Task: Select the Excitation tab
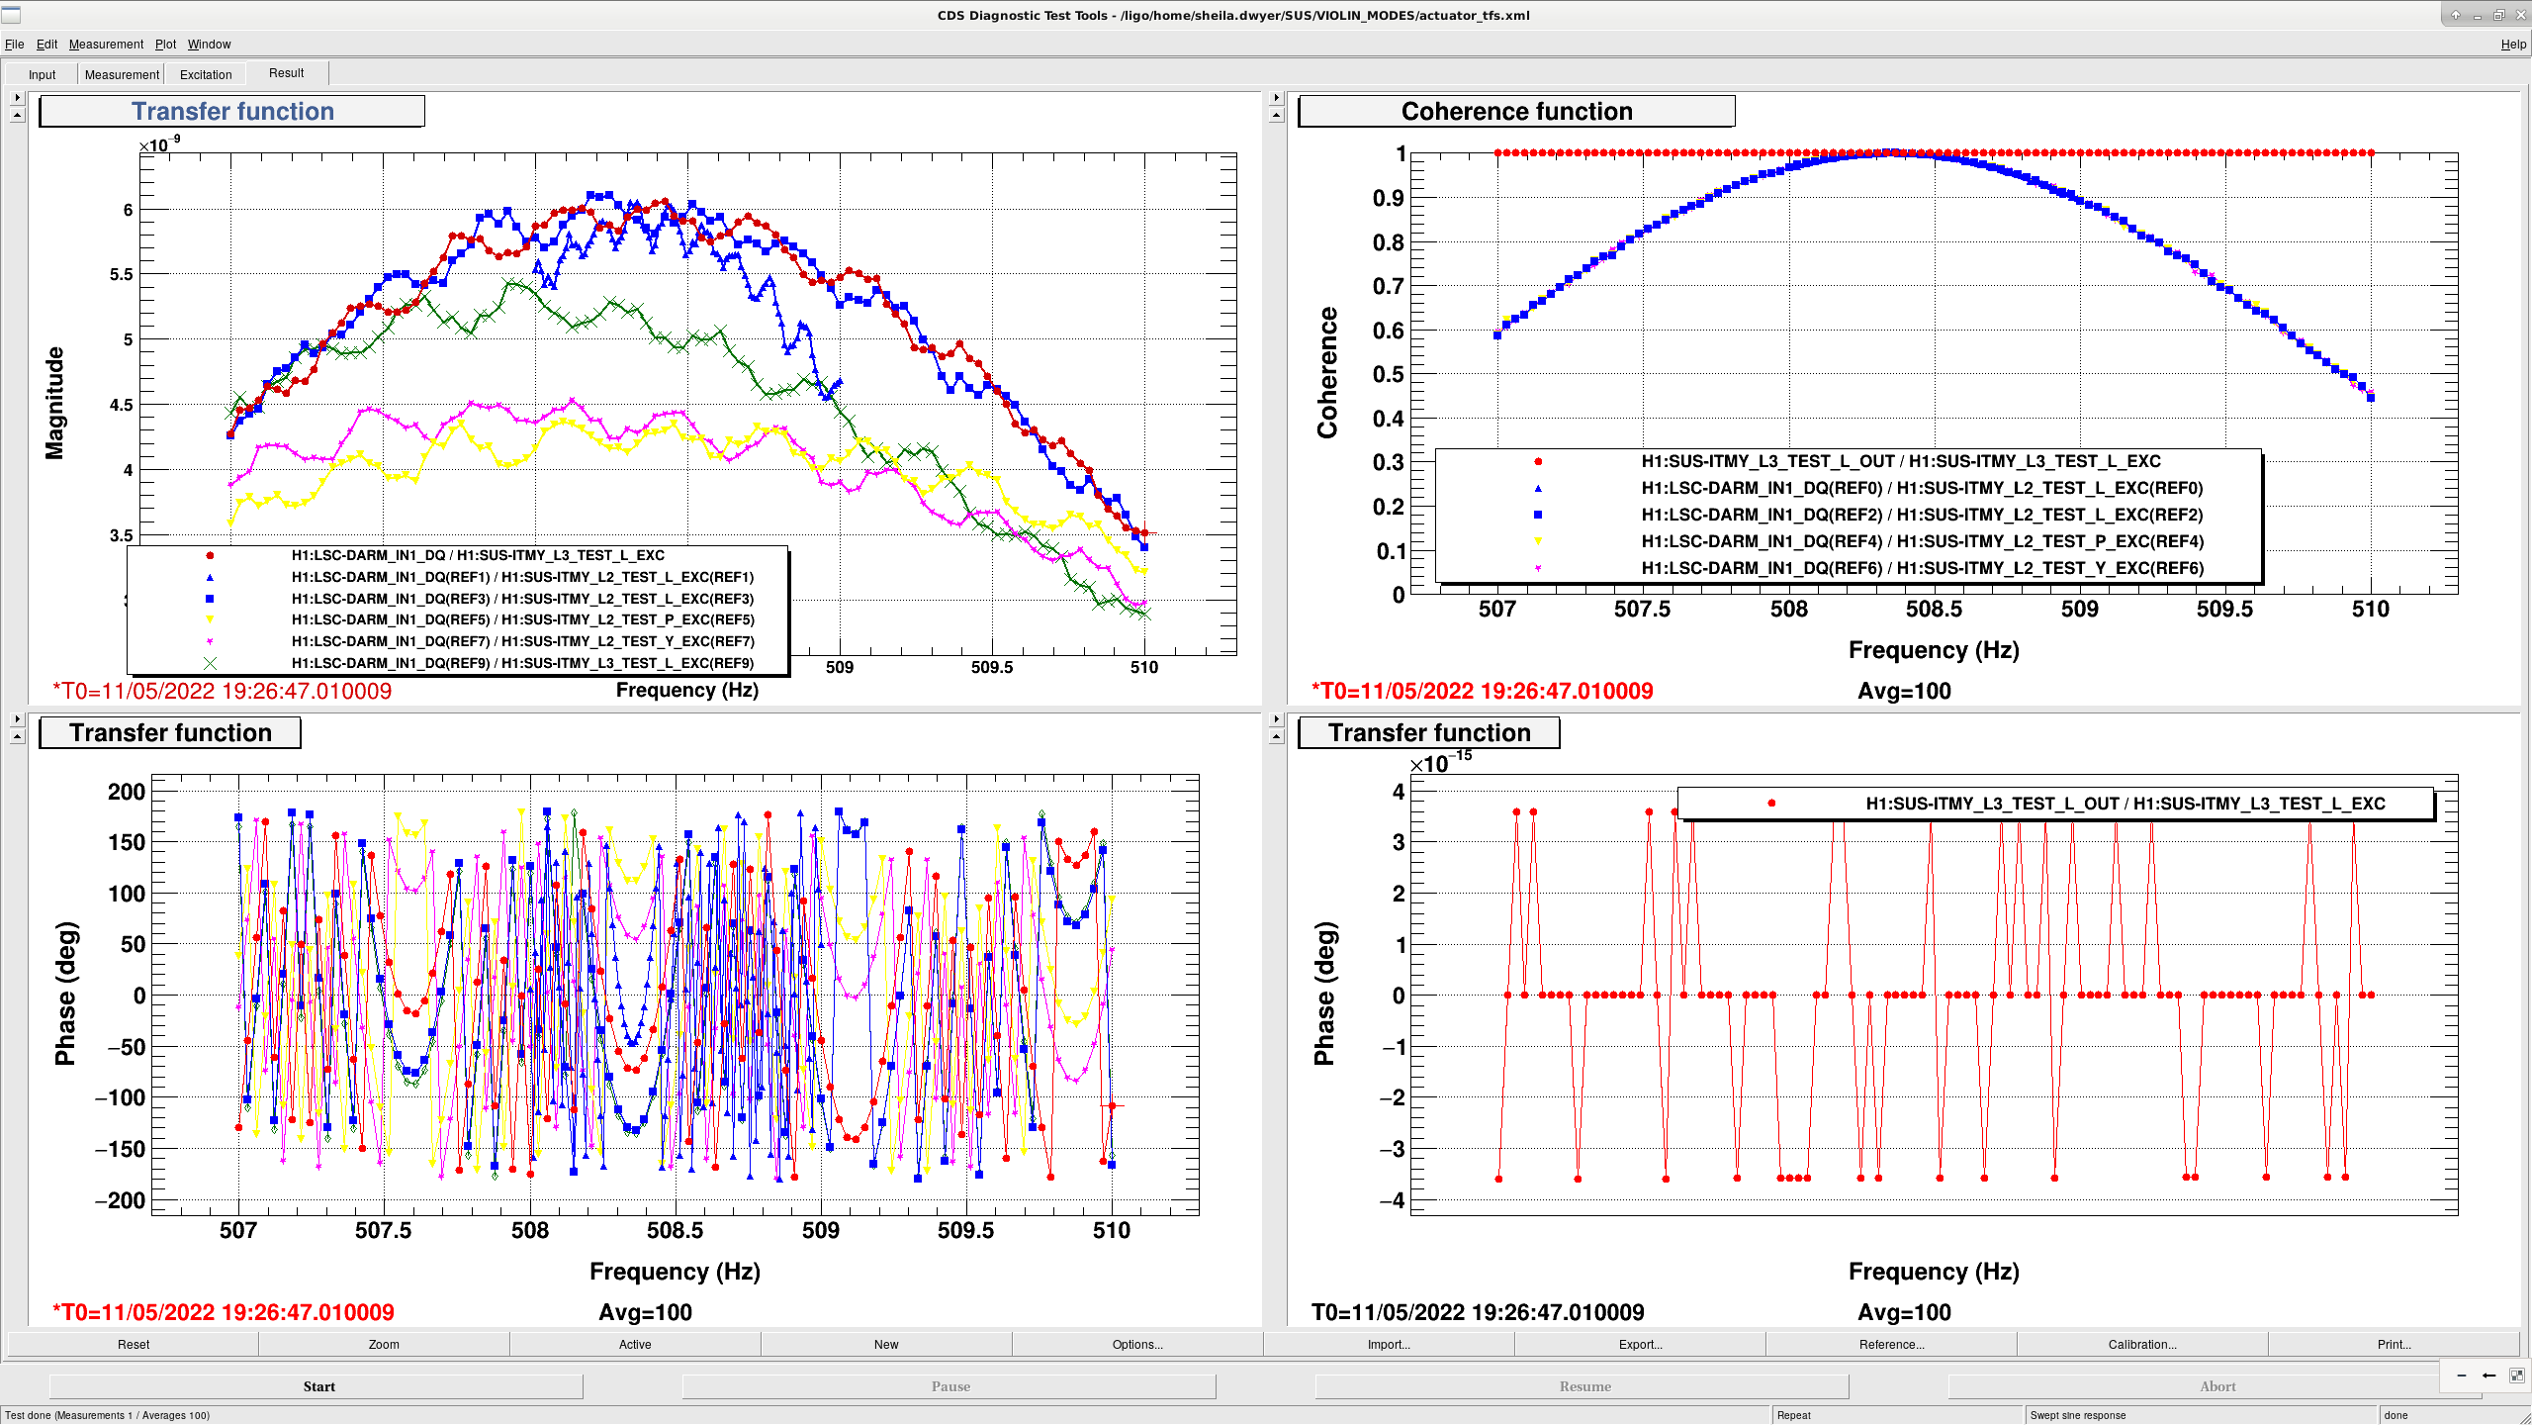[206, 74]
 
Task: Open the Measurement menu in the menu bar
[106, 45]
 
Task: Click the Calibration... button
[2142, 1344]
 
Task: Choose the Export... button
[1640, 1344]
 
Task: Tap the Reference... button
[1891, 1344]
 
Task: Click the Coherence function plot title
[1516, 112]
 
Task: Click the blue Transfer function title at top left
[232, 112]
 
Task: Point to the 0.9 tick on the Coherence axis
[1388, 198]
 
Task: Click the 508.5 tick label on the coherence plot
[1934, 610]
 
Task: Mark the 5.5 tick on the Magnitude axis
[121, 274]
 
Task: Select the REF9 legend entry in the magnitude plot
[522, 663]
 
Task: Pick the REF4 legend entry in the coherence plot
[1922, 541]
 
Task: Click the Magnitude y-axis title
[54, 403]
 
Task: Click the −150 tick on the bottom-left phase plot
[120, 1149]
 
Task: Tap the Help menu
[2513, 45]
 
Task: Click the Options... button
[1137, 1344]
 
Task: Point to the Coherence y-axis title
[1326, 372]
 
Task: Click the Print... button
[2394, 1344]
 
